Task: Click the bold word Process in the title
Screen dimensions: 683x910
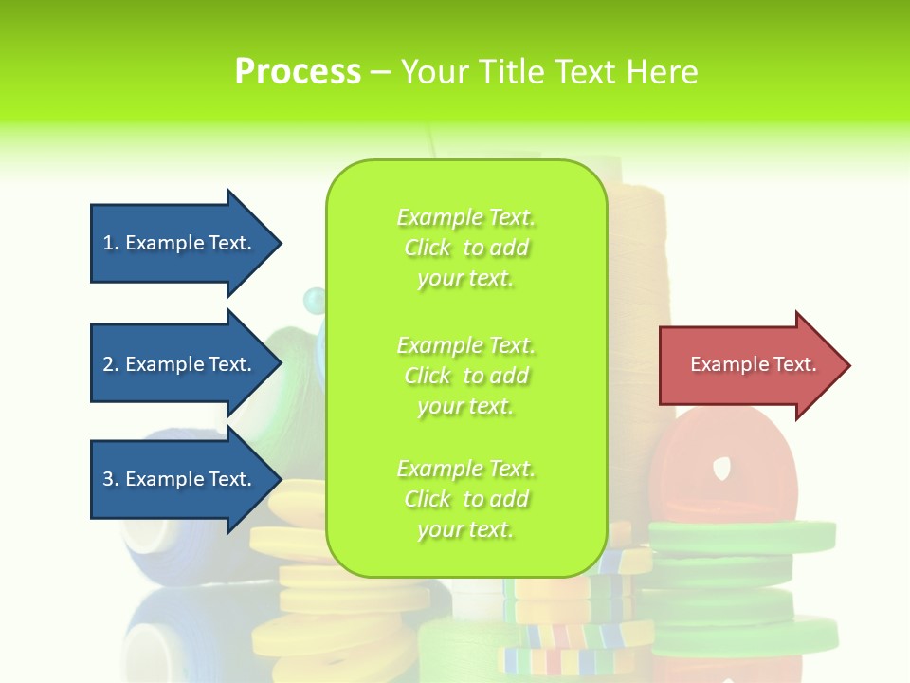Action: (298, 72)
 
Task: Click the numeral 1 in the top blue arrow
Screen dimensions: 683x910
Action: (108, 243)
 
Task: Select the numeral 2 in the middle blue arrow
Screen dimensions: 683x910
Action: (108, 364)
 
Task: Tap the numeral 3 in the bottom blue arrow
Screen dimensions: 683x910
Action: (108, 479)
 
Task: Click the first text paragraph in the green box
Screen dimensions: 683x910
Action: (465, 248)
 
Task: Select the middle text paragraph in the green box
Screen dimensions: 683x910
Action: (465, 376)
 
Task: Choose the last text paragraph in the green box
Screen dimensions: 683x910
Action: (465, 499)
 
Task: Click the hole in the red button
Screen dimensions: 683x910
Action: (722, 466)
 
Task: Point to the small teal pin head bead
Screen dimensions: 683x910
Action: (313, 301)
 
